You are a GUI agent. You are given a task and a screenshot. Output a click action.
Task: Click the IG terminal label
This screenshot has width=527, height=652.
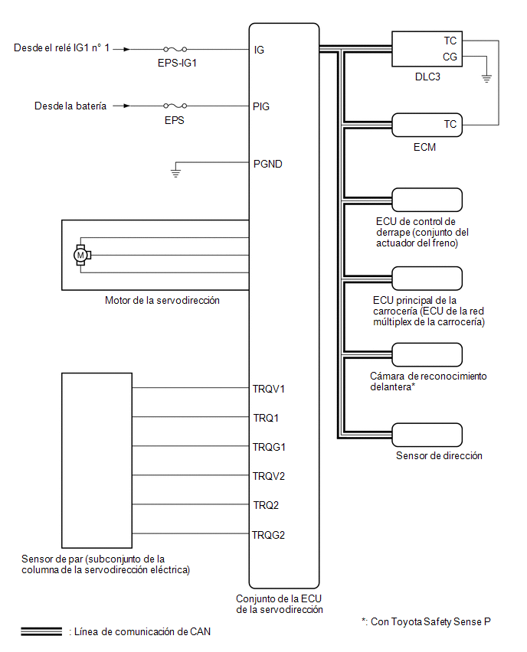click(259, 50)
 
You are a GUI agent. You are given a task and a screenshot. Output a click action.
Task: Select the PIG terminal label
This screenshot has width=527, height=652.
click(261, 106)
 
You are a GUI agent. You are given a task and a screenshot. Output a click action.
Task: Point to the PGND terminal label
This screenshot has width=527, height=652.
click(267, 164)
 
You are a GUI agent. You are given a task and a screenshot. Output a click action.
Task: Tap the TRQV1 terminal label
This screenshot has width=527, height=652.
click(269, 389)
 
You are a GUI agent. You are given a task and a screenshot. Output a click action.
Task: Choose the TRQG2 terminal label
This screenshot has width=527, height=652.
click(269, 535)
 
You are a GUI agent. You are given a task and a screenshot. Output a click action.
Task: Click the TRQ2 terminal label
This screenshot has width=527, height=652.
click(266, 505)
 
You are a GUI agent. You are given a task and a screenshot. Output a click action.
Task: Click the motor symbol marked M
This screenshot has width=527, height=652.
click(80, 255)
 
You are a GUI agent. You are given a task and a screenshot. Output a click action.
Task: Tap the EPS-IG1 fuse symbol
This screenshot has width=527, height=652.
click(175, 49)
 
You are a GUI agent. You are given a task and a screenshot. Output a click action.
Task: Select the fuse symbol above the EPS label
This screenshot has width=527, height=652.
click(175, 106)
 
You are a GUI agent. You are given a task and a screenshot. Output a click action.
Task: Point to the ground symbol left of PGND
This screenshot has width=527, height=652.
click(175, 172)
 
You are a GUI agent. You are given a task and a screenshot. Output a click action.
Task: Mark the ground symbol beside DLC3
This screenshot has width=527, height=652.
click(486, 78)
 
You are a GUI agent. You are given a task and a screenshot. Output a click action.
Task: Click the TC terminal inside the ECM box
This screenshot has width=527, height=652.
click(450, 124)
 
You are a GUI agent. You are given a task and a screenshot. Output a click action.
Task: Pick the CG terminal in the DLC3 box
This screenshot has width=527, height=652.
click(450, 57)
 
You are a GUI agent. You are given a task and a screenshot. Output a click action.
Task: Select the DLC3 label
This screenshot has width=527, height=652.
click(427, 77)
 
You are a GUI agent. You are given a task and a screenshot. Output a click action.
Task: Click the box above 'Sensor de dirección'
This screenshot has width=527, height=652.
click(427, 435)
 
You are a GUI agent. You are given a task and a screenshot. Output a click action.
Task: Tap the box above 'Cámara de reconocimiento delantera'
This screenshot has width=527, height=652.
click(427, 354)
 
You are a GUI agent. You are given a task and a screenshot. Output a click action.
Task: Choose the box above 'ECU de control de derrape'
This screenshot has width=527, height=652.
click(427, 200)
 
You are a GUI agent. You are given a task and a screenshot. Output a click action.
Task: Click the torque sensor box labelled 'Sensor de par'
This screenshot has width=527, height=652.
click(97, 461)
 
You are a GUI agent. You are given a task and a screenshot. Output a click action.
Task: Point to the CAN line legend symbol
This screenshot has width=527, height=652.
click(41, 631)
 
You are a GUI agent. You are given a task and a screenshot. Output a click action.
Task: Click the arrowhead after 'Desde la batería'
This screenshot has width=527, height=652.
click(126, 106)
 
